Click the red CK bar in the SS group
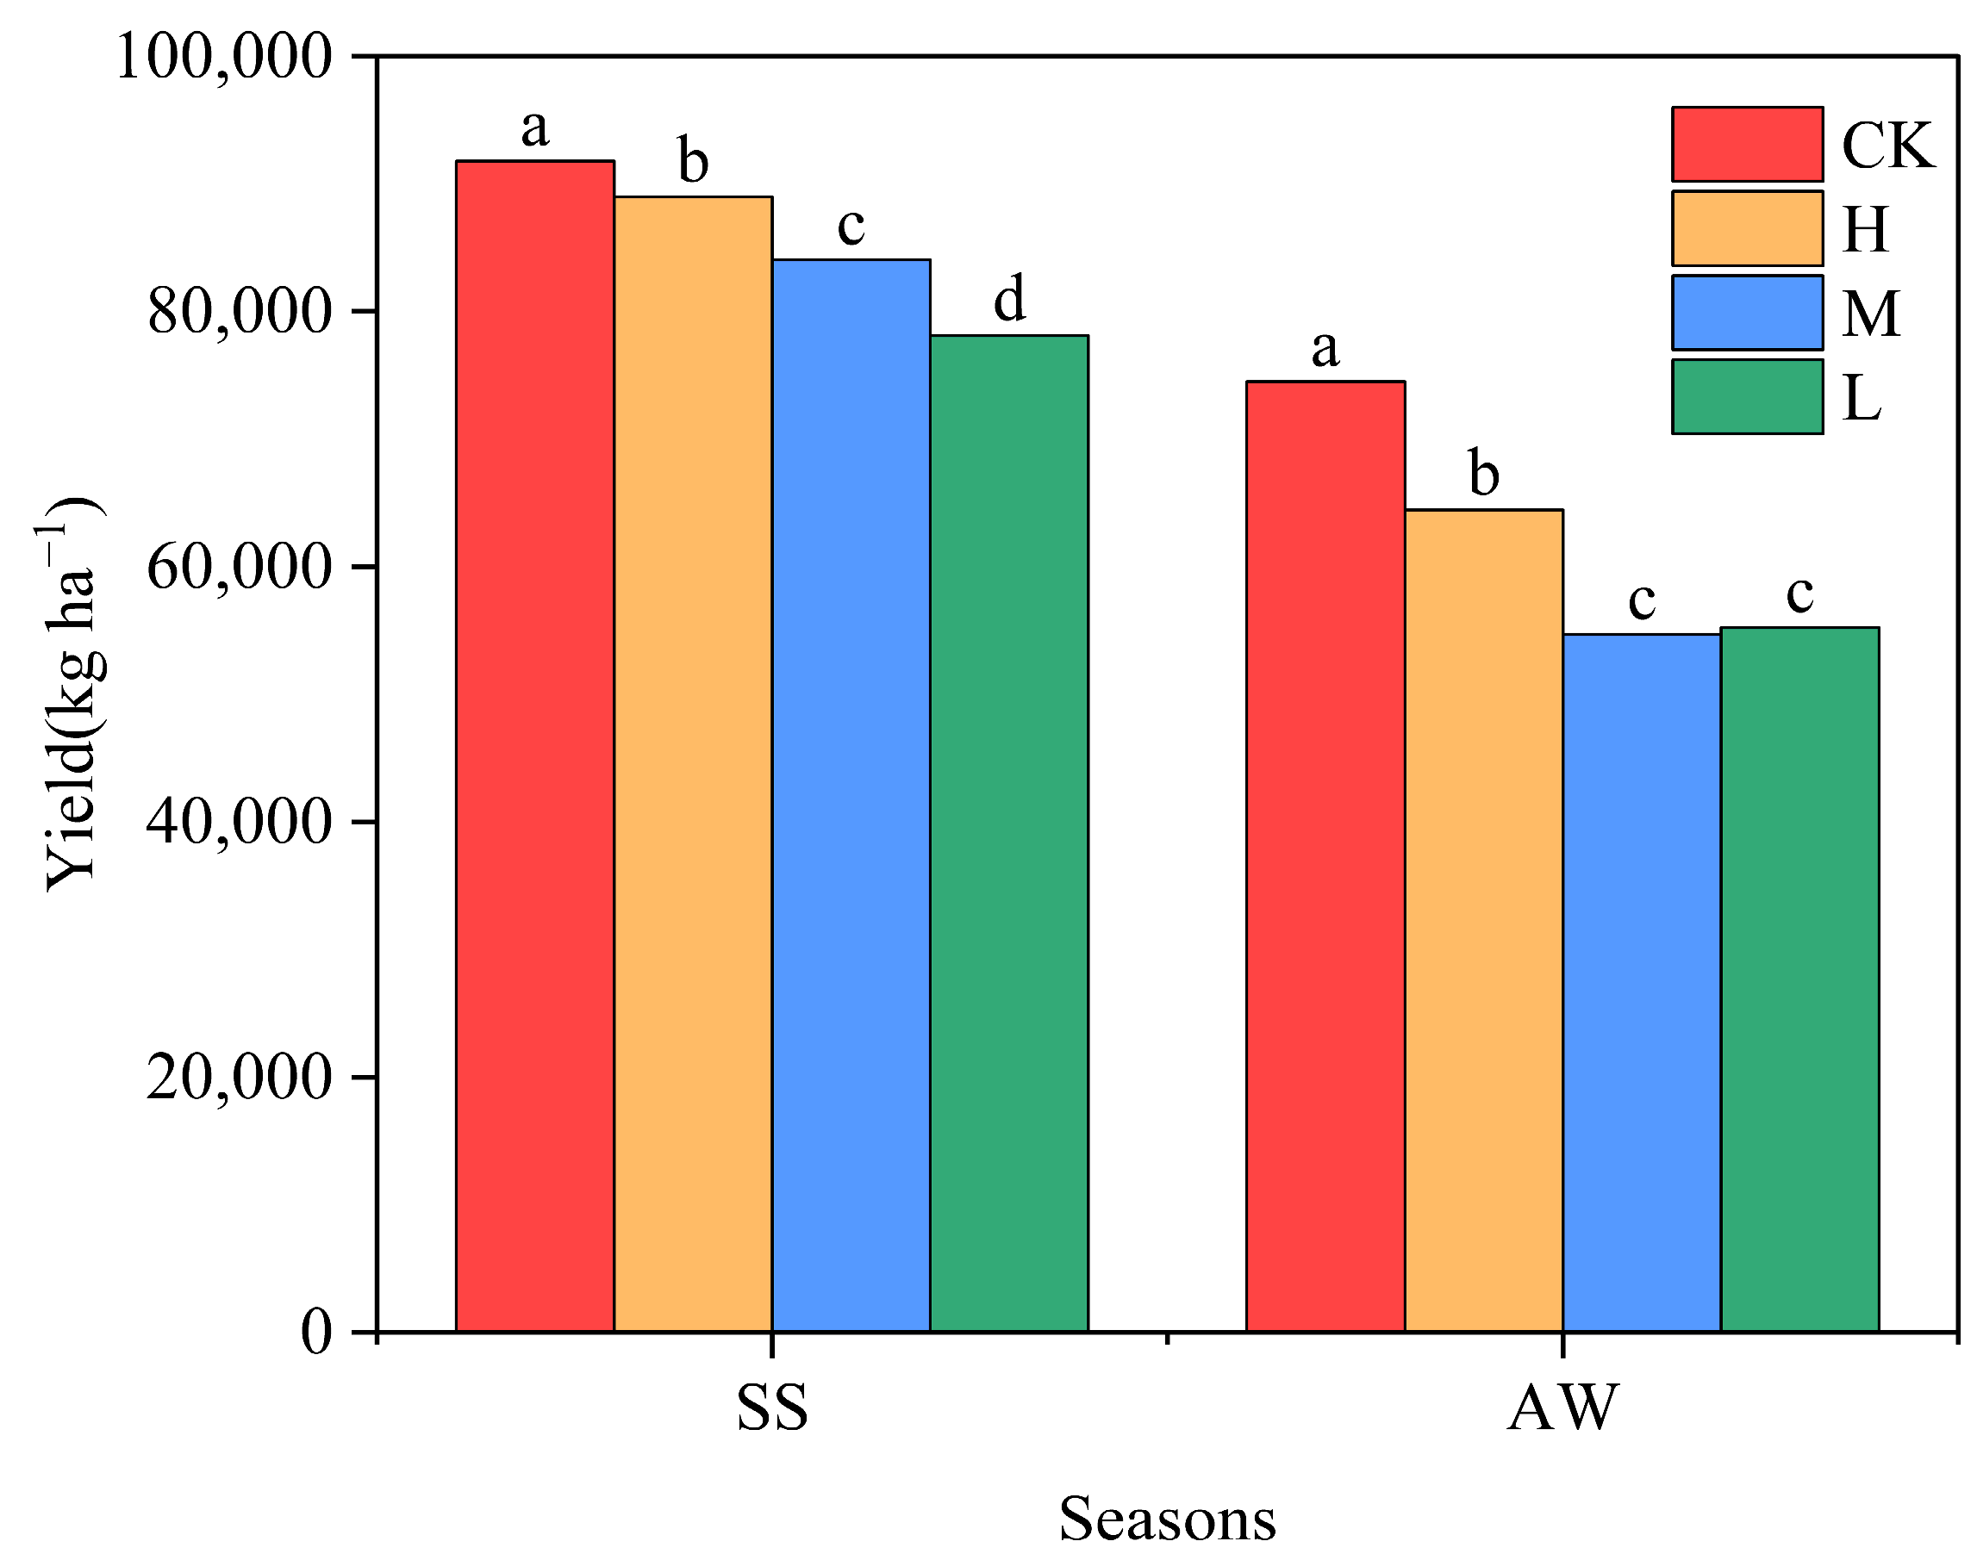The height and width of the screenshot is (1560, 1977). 534,744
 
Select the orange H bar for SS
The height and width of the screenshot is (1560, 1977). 693,762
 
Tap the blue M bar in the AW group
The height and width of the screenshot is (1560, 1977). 1641,982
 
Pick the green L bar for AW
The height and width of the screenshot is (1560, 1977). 1799,979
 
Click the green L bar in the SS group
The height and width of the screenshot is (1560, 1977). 1008,832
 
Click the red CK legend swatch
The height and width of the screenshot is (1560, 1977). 1746,145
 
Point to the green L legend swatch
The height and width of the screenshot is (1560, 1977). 1746,396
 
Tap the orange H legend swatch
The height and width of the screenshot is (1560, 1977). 1746,228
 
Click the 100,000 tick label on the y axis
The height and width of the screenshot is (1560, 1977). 222,57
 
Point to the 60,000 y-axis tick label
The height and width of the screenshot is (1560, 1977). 238,567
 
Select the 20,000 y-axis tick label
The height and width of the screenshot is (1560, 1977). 238,1078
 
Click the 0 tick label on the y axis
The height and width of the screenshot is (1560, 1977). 316,1333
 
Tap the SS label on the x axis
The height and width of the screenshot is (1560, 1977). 772,1408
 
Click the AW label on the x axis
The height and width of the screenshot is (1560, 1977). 1562,1408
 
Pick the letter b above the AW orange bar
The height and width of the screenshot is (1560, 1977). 1484,472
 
